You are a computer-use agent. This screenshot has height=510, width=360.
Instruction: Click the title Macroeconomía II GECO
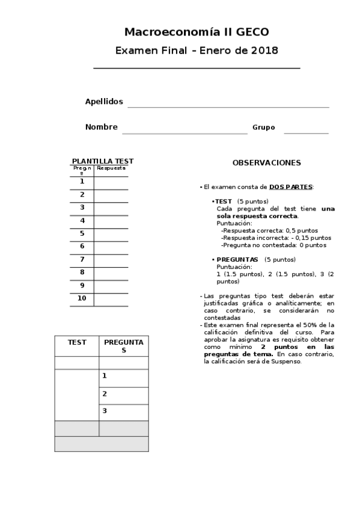(197, 32)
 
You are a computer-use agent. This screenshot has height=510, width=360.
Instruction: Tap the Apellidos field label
(104, 102)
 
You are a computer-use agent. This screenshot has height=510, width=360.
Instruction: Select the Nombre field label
(101, 127)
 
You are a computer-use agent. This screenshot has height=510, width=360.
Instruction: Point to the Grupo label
(264, 127)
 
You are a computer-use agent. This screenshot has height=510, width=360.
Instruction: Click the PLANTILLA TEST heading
(103, 161)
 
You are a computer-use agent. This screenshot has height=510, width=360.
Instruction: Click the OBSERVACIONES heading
(267, 163)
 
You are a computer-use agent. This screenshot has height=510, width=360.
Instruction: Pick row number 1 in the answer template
(82, 181)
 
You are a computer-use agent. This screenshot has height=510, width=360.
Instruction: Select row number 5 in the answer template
(82, 233)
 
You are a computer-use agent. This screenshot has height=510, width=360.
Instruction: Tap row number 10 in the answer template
(82, 298)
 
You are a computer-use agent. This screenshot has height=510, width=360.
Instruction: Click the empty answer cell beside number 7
(111, 260)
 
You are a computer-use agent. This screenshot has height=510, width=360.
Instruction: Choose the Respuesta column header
(111, 168)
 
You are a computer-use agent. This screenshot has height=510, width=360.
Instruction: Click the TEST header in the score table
(77, 342)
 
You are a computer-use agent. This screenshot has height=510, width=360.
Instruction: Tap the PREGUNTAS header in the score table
(124, 346)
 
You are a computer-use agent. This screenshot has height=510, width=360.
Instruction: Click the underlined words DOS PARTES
(291, 187)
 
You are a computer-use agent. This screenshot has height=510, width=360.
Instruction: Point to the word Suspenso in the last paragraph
(287, 361)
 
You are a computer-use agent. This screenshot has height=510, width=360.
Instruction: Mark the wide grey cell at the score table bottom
(102, 444)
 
